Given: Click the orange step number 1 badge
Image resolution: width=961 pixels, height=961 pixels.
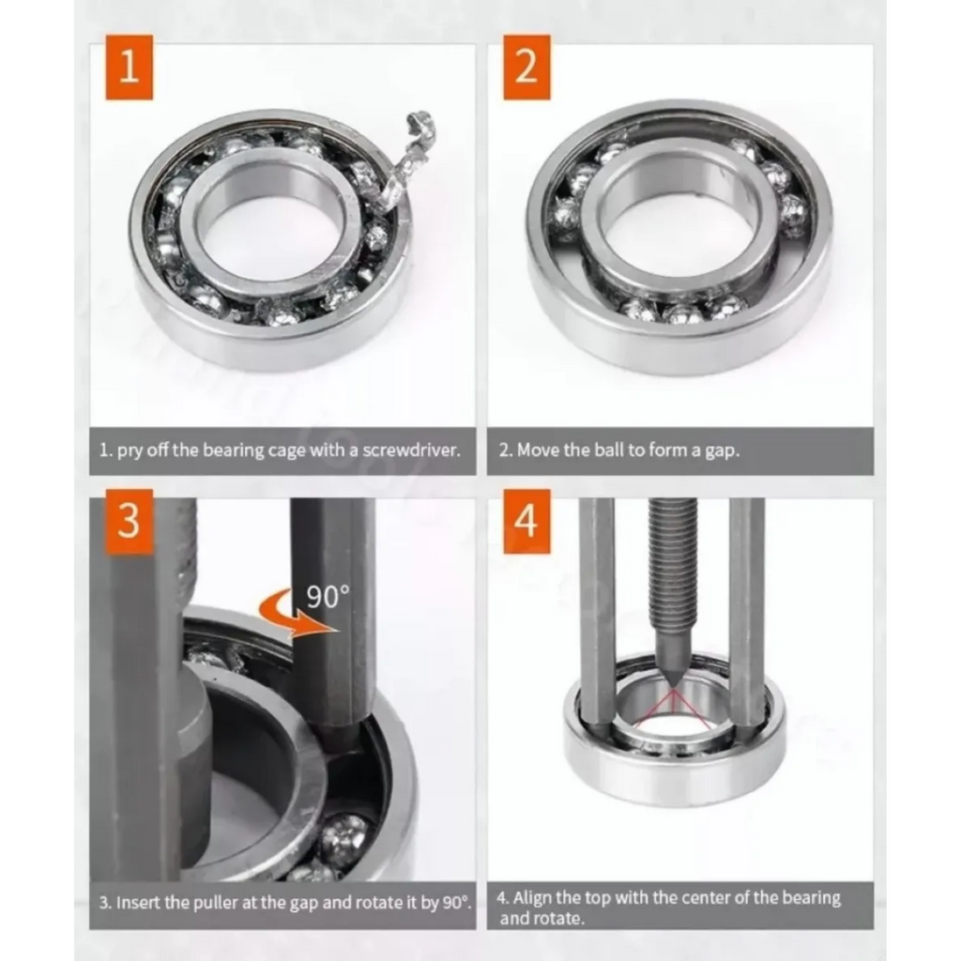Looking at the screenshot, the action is (x=129, y=67).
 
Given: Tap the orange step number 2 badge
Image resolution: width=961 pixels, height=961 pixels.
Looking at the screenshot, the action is (x=526, y=67).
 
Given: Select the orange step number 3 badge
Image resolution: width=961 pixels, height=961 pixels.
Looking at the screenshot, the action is (x=129, y=522).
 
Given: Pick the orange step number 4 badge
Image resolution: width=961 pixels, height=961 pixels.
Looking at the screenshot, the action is (x=526, y=522).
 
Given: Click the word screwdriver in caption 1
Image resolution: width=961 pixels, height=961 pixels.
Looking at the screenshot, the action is (x=411, y=450).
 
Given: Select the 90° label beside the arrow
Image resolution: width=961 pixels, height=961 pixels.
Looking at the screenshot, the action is (x=328, y=596).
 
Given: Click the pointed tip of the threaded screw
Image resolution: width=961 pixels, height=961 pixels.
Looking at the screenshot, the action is (x=673, y=685).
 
